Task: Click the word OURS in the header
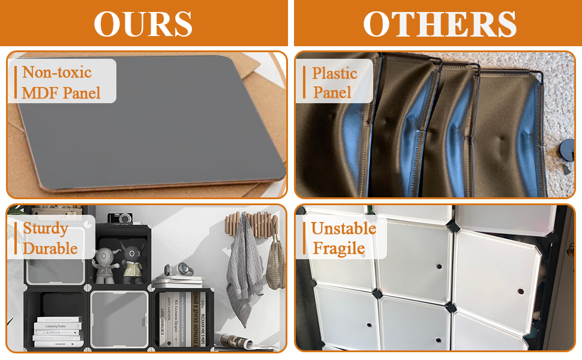click(x=143, y=24)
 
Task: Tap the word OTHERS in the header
click(x=439, y=24)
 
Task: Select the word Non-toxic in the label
click(x=57, y=73)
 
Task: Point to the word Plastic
click(x=334, y=73)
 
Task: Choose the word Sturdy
click(x=45, y=229)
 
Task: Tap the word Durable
click(x=50, y=248)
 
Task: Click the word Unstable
click(x=343, y=229)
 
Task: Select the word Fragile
click(x=339, y=248)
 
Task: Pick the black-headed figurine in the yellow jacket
click(x=131, y=263)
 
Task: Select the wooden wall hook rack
click(x=255, y=222)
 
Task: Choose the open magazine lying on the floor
click(x=234, y=340)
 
